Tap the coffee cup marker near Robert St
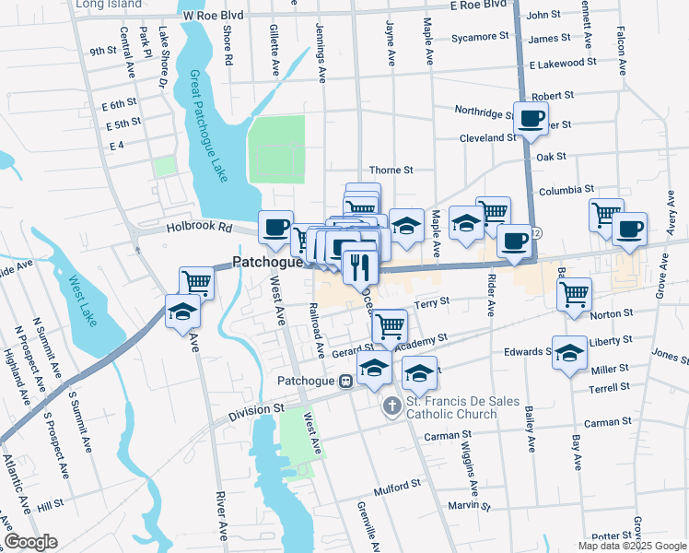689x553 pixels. (x=531, y=119)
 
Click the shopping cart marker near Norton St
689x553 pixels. (x=574, y=294)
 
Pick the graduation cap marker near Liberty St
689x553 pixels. (x=568, y=353)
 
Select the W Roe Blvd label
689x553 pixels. (x=213, y=16)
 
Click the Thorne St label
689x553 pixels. (x=391, y=170)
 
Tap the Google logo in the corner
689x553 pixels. (x=30, y=542)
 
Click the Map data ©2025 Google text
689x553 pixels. (x=631, y=546)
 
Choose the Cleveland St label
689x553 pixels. (x=488, y=137)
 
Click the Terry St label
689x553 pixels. (x=431, y=301)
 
